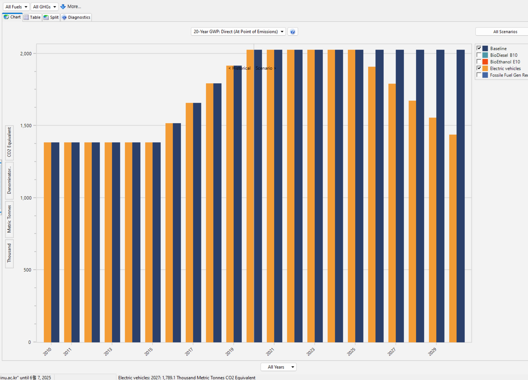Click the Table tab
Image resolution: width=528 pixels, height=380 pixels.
click(x=32, y=17)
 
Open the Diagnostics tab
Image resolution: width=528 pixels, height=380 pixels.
click(x=76, y=17)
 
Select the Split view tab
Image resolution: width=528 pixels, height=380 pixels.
click(x=51, y=17)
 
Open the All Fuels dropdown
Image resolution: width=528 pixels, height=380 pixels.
click(x=16, y=7)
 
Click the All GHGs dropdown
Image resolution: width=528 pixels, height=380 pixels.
click(x=44, y=7)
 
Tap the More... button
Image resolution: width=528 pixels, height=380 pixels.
click(x=71, y=6)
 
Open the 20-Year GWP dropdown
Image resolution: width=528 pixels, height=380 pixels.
click(x=238, y=32)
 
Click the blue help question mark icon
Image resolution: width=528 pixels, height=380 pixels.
click(x=292, y=32)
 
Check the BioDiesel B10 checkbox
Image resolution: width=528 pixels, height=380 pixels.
click(x=479, y=55)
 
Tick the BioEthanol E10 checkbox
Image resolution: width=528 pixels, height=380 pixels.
click(x=479, y=62)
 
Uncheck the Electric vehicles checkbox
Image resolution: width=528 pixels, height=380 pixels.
click(x=479, y=68)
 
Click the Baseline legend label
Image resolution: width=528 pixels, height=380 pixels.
click(x=498, y=48)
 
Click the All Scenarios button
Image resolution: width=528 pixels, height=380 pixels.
click(x=505, y=32)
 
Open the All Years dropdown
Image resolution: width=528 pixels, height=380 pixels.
click(x=278, y=367)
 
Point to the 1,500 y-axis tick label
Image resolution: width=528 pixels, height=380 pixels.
click(x=26, y=125)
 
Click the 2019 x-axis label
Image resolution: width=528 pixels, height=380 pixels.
click(x=229, y=352)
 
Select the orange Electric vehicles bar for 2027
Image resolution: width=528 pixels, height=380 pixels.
click(x=392, y=213)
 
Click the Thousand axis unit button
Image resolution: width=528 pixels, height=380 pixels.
click(x=9, y=253)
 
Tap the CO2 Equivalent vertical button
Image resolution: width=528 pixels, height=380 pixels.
click(x=9, y=142)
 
